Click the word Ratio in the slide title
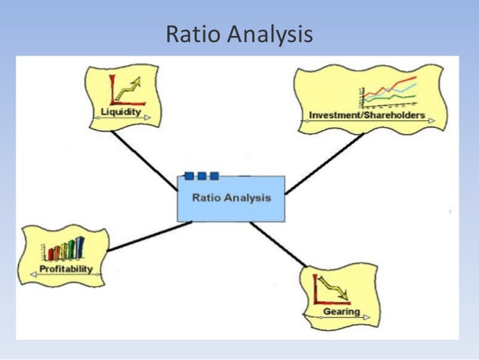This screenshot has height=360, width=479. [189, 35]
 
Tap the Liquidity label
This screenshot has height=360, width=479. [121, 113]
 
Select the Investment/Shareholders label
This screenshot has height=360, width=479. [367, 116]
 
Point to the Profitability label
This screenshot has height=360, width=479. [66, 269]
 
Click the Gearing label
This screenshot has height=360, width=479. [342, 311]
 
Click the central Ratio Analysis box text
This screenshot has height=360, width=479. [231, 199]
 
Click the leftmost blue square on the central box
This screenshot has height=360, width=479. [189, 176]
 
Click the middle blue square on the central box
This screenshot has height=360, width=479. [201, 176]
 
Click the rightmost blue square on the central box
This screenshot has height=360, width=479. [214, 176]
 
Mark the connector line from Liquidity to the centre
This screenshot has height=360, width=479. [144, 160]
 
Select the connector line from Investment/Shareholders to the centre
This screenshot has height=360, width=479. [324, 164]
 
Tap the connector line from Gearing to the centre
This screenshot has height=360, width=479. [279, 249]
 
